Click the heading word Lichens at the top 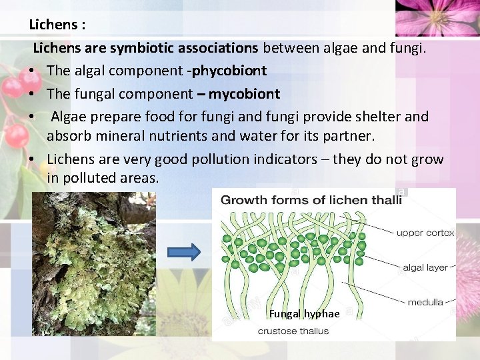pos(53,25)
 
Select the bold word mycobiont pos(244,93)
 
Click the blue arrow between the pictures pos(183,251)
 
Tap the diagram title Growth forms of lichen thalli pos(311,200)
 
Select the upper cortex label pos(425,233)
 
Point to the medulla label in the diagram pos(425,302)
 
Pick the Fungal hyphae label pos(304,314)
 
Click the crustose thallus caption pos(293,331)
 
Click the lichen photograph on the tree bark pos(94,264)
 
